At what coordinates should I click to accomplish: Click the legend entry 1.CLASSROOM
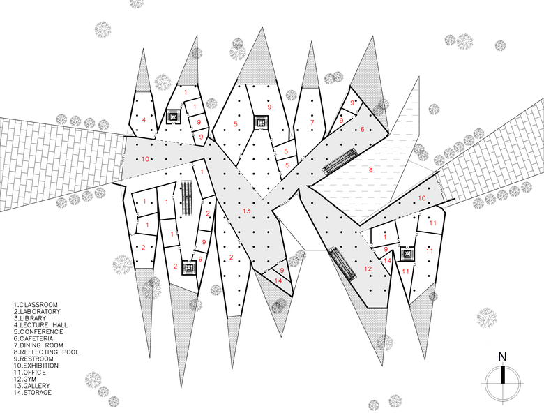coord(36,305)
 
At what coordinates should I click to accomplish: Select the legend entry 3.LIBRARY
coord(30,318)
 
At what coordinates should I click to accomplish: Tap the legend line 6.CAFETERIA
coord(33,338)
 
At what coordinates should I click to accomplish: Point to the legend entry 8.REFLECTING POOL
coord(46,352)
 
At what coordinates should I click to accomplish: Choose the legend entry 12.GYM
coord(25,379)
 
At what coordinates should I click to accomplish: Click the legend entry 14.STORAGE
coord(33,393)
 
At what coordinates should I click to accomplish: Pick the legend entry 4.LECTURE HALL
coord(40,325)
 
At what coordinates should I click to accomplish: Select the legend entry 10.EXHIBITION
coord(36,366)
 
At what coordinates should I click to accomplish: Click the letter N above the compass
coord(502,357)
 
